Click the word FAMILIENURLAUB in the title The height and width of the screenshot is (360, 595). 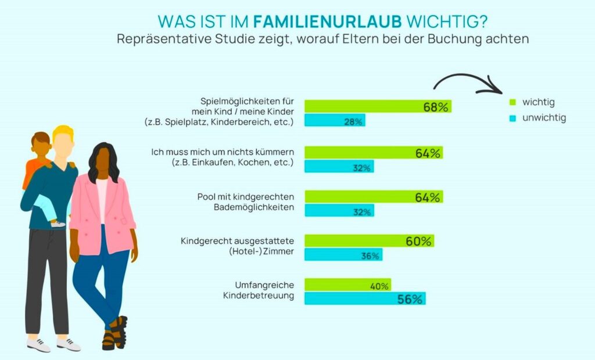pyautogui.click(x=328, y=21)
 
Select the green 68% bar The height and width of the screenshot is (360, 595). pyautogui.click(x=378, y=107)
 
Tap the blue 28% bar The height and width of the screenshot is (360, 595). pyautogui.click(x=335, y=121)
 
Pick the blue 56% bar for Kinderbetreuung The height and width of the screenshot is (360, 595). pyautogui.click(x=365, y=299)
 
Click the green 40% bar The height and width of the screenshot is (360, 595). pyautogui.click(x=347, y=285)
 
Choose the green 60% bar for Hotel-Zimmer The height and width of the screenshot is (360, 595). pyautogui.click(x=369, y=241)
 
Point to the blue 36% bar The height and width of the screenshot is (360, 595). pyautogui.click(x=343, y=255)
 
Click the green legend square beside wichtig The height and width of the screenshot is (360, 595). pyautogui.click(x=512, y=103)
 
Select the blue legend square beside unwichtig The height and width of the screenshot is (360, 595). pyautogui.click(x=512, y=118)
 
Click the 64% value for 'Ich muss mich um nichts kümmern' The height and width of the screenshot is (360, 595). pyautogui.click(x=428, y=153)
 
